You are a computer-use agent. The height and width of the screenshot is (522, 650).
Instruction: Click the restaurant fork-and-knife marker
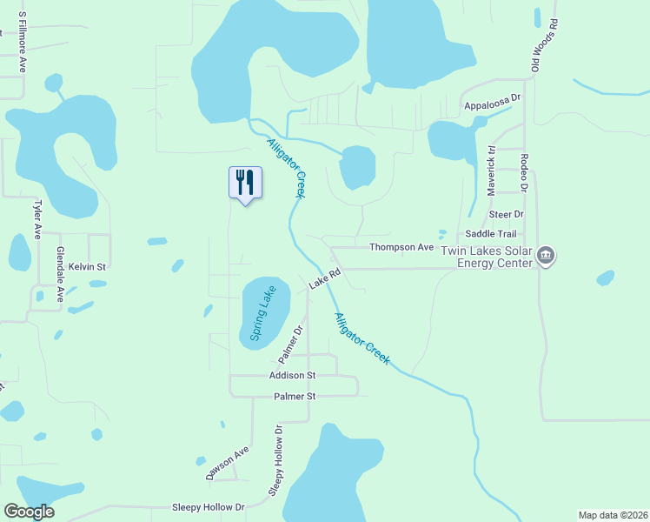click(245, 183)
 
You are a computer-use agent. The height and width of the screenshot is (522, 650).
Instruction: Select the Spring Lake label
click(263, 312)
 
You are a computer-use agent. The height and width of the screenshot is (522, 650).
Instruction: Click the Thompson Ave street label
click(401, 247)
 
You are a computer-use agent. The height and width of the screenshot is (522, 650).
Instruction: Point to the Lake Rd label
click(324, 278)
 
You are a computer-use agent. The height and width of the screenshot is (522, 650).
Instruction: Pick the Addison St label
click(293, 375)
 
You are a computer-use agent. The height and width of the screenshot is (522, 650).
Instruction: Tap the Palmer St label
click(295, 396)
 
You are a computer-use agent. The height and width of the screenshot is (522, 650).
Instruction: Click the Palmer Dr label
click(289, 345)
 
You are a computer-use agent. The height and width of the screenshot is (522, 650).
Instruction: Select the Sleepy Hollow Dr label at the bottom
click(209, 506)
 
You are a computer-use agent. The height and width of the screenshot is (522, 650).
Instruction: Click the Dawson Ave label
click(228, 464)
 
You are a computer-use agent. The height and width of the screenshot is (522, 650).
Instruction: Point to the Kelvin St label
click(87, 266)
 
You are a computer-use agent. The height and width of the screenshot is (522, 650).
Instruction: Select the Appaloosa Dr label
click(492, 98)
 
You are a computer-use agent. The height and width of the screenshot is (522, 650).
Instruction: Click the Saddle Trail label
click(491, 234)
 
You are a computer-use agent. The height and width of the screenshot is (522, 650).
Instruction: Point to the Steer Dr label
click(507, 213)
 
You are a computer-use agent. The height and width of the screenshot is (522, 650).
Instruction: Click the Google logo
click(30, 512)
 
